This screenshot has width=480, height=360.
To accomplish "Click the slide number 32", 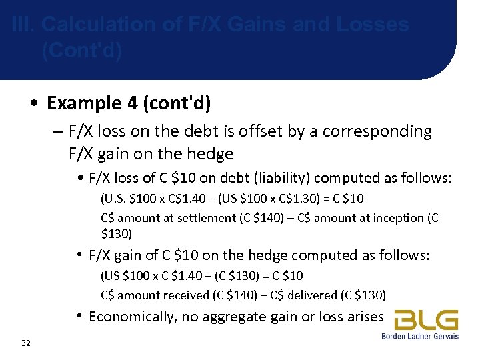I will pyautogui.click(x=26, y=343).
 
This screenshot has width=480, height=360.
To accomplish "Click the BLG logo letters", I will pyautogui.click(x=426, y=320).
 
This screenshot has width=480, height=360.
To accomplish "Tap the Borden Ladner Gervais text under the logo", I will pyautogui.click(x=420, y=337).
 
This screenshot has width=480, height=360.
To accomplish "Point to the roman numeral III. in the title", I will pyautogui.click(x=24, y=25).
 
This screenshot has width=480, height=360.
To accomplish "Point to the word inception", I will pyautogui.click(x=394, y=217).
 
